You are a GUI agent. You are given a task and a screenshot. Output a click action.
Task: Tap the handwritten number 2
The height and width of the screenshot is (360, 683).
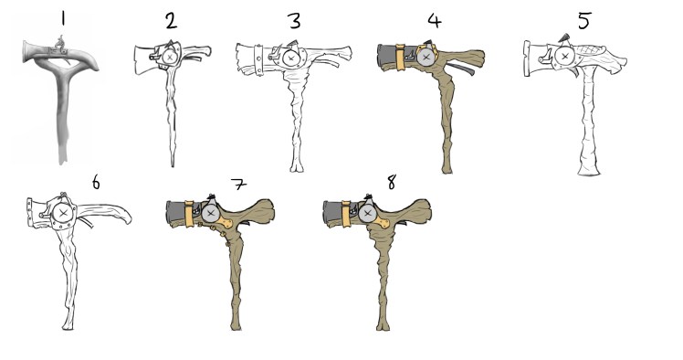(x=170, y=20)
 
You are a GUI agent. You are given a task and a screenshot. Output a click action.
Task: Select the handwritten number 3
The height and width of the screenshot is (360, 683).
(x=293, y=20)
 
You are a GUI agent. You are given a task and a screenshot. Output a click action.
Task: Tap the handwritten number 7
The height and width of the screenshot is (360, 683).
(x=239, y=185)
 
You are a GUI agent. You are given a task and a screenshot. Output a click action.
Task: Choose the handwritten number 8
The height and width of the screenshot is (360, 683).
(x=392, y=183)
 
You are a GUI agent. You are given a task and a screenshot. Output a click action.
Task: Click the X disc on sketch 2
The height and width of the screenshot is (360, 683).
(x=170, y=57)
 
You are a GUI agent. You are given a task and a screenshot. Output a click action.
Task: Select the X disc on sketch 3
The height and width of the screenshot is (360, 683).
(x=291, y=58)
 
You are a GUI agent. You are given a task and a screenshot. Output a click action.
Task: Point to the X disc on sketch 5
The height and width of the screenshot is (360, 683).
(x=565, y=57)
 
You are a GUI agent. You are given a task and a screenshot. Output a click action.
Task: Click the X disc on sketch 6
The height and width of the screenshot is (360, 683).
(x=62, y=214)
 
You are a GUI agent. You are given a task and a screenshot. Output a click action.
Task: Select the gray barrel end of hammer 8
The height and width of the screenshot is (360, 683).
(x=332, y=212)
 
